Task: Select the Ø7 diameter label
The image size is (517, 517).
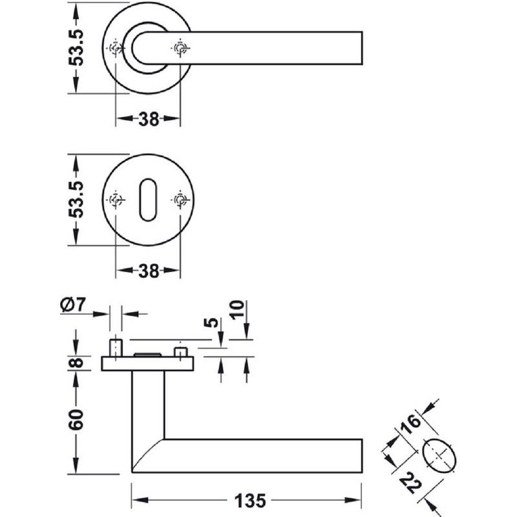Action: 72,304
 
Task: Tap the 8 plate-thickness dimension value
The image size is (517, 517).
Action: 76,363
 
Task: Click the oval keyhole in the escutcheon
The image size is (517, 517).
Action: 147,200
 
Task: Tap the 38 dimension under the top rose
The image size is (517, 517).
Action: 148,119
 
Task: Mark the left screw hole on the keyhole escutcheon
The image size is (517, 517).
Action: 116,200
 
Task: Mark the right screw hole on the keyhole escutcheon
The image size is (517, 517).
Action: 180,200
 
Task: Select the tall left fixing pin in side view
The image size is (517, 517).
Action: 116,346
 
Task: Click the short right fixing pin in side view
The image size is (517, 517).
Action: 180,352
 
